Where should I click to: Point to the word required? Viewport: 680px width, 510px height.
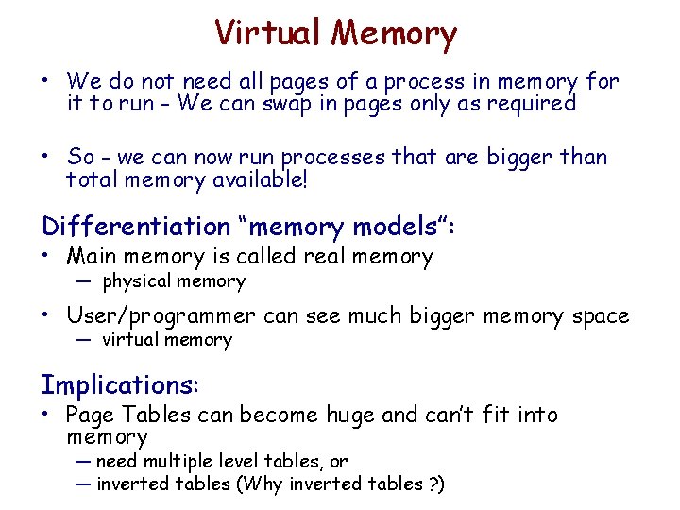coord(527,104)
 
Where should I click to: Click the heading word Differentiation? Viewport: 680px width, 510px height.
coord(135,227)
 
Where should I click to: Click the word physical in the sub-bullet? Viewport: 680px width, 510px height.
coord(136,280)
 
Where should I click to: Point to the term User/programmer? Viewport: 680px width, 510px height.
coord(161,315)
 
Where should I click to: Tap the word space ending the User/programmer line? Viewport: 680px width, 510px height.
coord(601,316)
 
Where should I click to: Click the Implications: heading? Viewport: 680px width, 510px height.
coord(120,385)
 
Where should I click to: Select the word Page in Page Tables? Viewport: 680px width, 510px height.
coord(89,415)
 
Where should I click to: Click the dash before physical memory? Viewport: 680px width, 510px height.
coord(84,281)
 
